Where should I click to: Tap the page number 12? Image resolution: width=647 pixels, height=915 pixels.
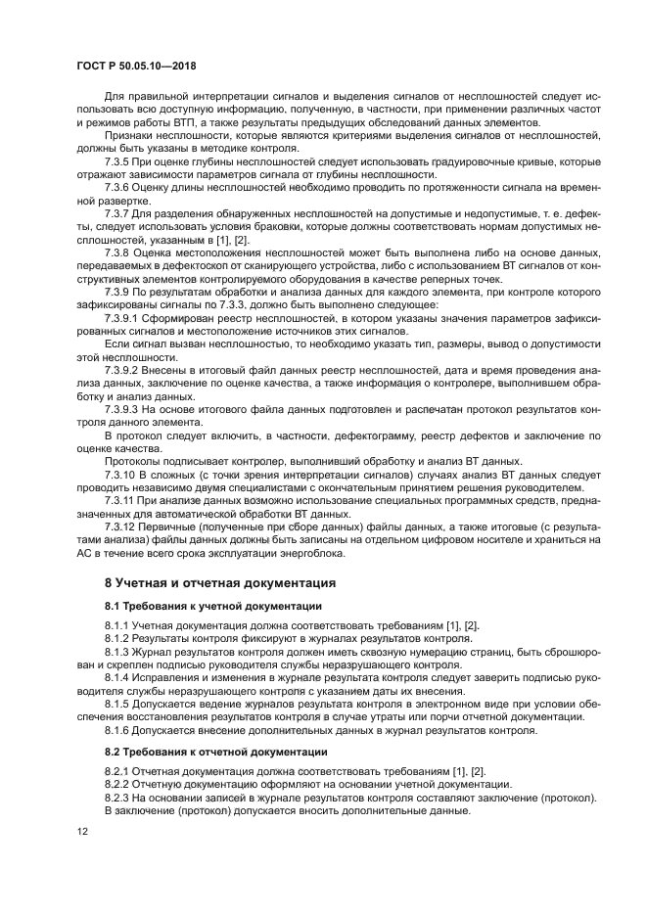82,832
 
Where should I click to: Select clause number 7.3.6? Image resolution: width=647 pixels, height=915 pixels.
118,186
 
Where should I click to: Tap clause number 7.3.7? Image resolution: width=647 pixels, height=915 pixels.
118,211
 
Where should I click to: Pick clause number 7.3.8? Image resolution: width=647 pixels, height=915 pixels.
118,251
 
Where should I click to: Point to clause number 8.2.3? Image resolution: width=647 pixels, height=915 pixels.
118,797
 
